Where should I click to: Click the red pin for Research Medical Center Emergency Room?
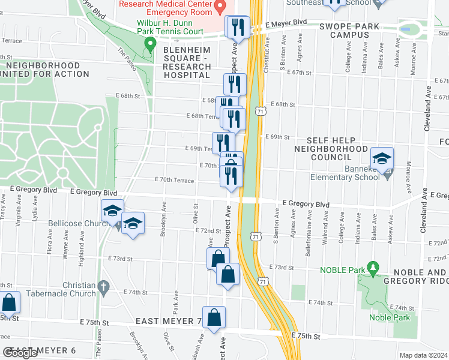click(x=220, y=8)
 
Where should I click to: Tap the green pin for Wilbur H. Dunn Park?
click(x=150, y=44)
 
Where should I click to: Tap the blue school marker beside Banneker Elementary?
click(x=382, y=160)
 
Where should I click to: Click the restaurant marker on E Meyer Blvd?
click(x=237, y=28)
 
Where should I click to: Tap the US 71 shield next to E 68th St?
click(x=260, y=112)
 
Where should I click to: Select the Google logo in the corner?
click(x=20, y=353)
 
